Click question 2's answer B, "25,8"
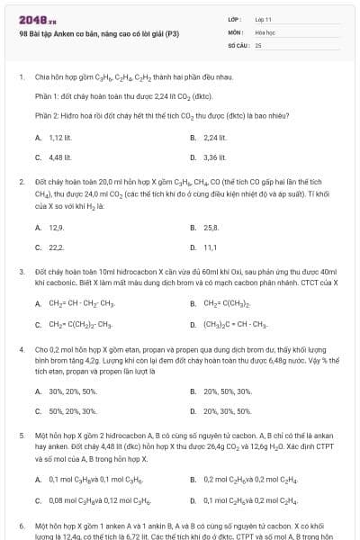[x=211, y=228]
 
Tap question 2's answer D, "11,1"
[x=210, y=247]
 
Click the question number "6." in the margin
[x=22, y=524]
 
